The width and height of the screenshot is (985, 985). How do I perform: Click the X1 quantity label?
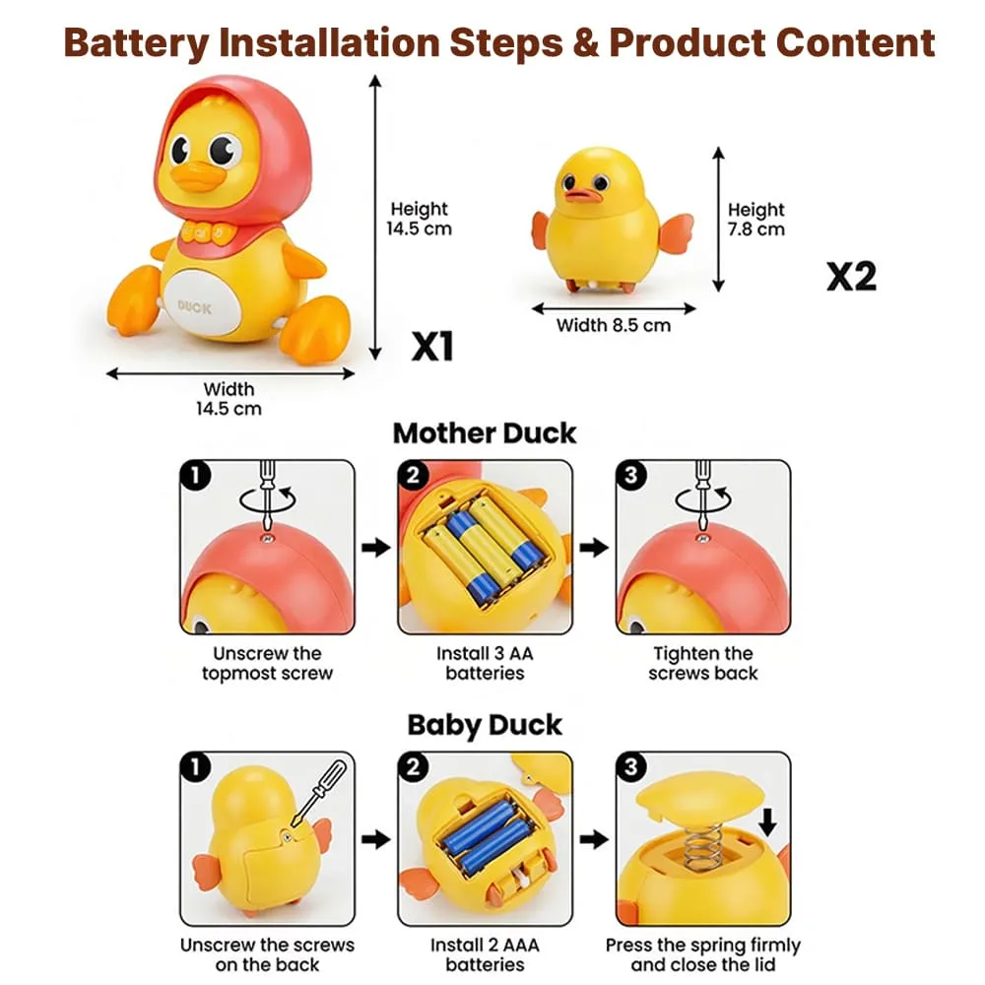pyautogui.click(x=432, y=346)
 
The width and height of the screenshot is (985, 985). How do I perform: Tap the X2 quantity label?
pyautogui.click(x=851, y=277)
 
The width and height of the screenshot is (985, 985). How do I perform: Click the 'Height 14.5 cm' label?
pyautogui.click(x=419, y=219)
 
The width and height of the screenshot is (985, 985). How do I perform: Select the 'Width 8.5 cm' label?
pyautogui.click(x=613, y=325)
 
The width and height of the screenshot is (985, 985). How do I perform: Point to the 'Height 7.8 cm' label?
pyautogui.click(x=755, y=220)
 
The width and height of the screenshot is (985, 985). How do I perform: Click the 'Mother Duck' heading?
pyautogui.click(x=485, y=433)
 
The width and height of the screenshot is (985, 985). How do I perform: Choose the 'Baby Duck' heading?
pyautogui.click(x=485, y=725)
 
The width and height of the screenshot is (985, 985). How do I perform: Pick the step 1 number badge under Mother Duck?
pyautogui.click(x=195, y=475)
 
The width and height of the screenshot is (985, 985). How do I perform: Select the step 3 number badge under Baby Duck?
pyautogui.click(x=630, y=766)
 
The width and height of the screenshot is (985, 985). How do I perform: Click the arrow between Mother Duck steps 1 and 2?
pyautogui.click(x=375, y=547)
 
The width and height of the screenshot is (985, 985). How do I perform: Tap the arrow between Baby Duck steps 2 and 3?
pyautogui.click(x=594, y=838)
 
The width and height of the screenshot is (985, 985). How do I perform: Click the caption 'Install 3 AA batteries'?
pyautogui.click(x=485, y=663)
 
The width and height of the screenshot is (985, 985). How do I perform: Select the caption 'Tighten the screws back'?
pyautogui.click(x=703, y=663)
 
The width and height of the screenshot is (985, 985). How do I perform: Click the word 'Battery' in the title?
pyautogui.click(x=136, y=43)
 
